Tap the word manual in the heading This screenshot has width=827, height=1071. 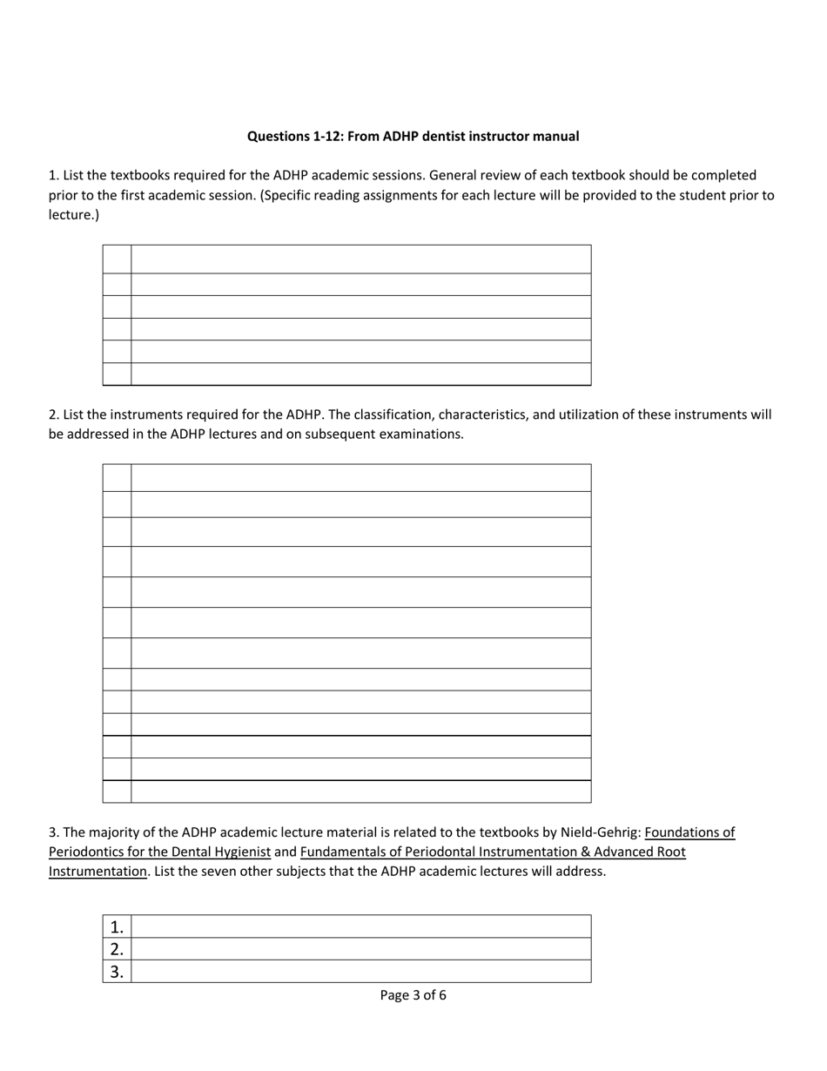[x=556, y=137]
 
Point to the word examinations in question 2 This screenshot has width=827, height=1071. [x=420, y=434]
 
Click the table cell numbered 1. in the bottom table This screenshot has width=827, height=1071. [x=117, y=926]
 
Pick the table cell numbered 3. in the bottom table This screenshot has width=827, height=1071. [x=117, y=972]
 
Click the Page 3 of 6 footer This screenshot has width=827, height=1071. [x=413, y=995]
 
